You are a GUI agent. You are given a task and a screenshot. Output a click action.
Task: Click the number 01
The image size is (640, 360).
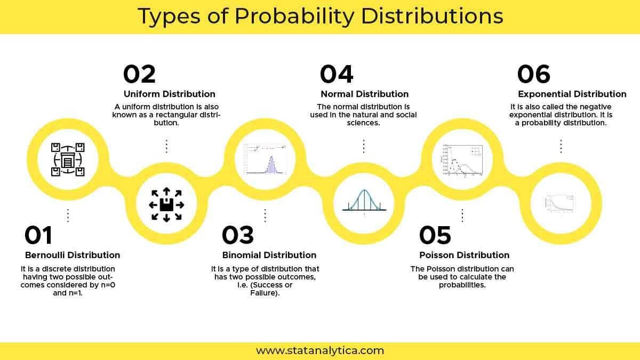point(38,235)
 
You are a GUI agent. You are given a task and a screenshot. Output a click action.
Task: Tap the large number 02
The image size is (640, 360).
point(139,74)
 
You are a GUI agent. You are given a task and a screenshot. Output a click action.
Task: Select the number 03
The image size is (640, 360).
point(238,235)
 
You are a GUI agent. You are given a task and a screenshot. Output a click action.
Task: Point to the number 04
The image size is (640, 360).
point(337,74)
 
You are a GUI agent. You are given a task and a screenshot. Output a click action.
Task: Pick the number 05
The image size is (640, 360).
point(435,235)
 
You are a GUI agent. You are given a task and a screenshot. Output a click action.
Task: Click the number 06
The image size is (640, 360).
point(534,74)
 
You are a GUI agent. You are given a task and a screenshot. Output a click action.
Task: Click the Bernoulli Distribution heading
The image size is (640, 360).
point(73,255)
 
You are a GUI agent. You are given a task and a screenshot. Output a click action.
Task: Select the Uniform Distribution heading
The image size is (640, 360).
point(170,94)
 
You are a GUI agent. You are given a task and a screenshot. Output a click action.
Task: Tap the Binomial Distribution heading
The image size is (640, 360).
point(269,255)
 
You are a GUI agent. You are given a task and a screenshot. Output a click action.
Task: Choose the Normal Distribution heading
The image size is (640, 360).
point(365,94)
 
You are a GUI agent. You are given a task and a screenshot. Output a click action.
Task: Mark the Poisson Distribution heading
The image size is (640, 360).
point(465,255)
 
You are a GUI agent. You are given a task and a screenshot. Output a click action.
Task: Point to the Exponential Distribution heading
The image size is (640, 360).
point(572,94)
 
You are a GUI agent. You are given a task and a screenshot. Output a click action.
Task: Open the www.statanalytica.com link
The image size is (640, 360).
point(320,350)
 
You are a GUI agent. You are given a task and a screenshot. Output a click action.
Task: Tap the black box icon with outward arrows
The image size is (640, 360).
point(166,204)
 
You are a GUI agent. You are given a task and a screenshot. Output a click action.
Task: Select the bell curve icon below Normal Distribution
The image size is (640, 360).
point(364,203)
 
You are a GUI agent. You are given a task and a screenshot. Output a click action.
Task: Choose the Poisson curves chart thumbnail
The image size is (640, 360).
point(462,159)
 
